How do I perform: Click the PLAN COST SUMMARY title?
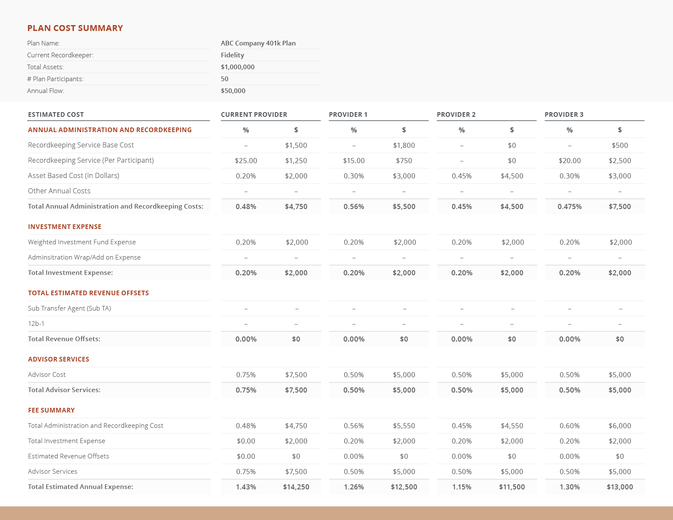(x=75, y=28)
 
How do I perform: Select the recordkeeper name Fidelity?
(x=232, y=55)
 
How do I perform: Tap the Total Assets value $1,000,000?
(x=238, y=67)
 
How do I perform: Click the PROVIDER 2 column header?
(x=456, y=114)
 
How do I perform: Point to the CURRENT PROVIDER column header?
(x=254, y=114)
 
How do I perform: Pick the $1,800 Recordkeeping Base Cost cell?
(x=404, y=145)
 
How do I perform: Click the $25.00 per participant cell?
(x=246, y=161)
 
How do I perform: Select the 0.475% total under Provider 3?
(x=569, y=206)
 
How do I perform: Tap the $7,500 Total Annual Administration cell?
(x=619, y=206)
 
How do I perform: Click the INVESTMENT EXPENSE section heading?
(x=65, y=227)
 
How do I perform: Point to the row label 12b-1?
(x=36, y=324)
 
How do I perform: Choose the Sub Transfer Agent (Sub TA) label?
(x=69, y=308)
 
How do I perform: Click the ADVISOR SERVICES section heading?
(x=59, y=359)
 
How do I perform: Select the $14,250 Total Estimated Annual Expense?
(x=296, y=487)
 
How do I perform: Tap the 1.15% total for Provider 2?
(x=461, y=487)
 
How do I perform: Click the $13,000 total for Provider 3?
(x=619, y=487)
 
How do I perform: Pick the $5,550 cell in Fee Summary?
(x=404, y=426)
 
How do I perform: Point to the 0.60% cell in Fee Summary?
(x=569, y=426)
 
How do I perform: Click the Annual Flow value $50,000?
(x=233, y=90)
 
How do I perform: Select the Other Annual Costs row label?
(x=59, y=191)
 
